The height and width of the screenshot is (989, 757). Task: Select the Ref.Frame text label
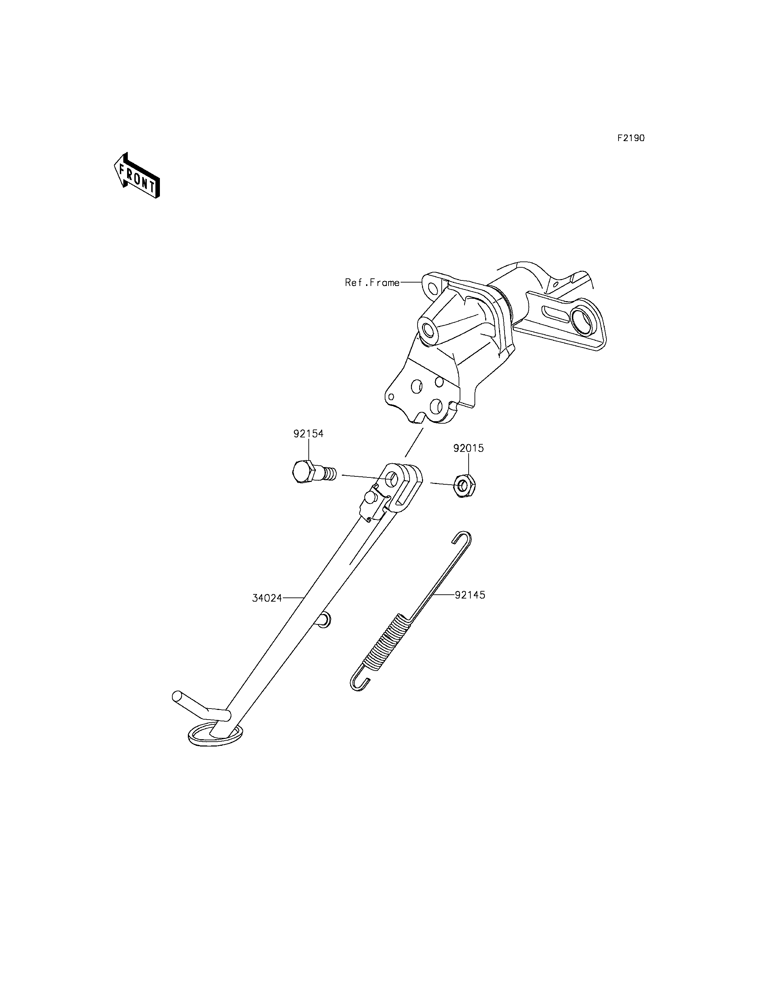tap(372, 283)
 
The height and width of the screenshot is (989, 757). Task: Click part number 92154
tap(309, 434)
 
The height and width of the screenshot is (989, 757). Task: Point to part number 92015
tap(469, 448)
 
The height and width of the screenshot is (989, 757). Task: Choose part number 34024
tap(267, 598)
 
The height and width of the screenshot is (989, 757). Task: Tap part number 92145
tap(470, 595)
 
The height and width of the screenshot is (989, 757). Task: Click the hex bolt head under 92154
tap(302, 472)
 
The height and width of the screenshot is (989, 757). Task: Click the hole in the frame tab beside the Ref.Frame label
tap(433, 288)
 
